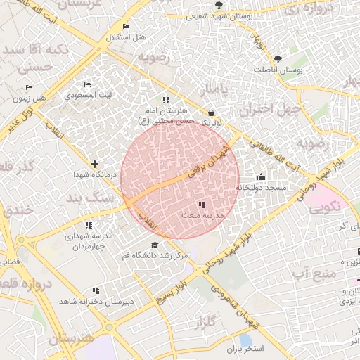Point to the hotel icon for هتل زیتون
pos(29,88)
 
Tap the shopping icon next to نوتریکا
pos(212,112)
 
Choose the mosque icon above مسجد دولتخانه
pos(262,177)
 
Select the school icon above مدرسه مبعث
pos(202,205)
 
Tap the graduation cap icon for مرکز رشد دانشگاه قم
pos(154,245)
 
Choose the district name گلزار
pos(203,323)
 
